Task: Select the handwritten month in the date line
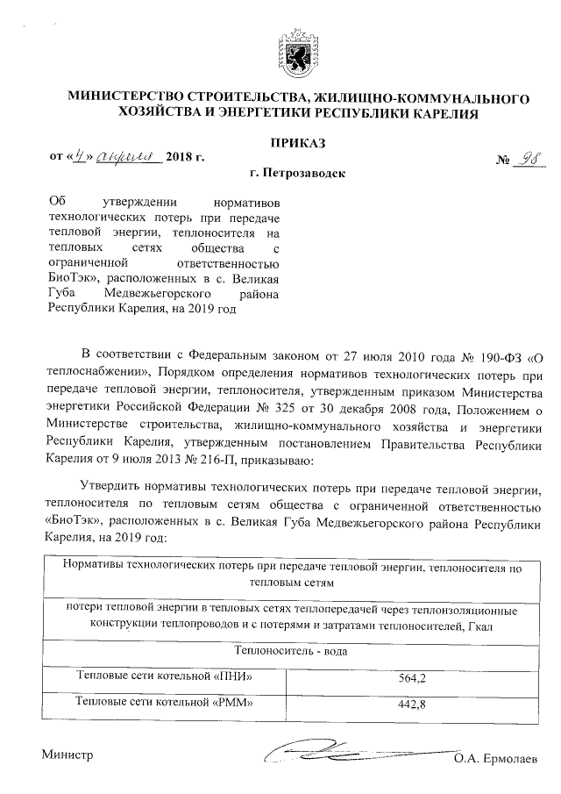(128, 157)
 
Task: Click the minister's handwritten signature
(351, 752)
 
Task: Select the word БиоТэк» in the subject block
(73, 276)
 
